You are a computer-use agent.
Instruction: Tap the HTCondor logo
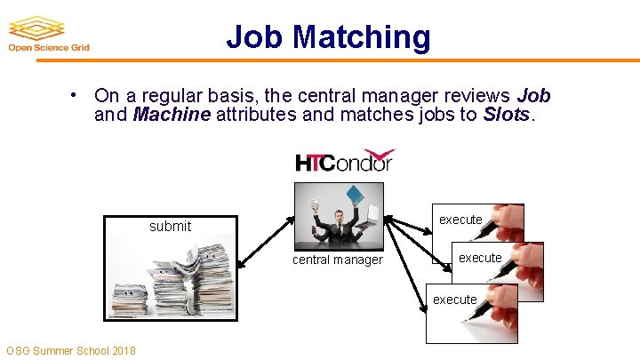point(344,161)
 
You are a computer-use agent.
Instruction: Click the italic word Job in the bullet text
point(533,95)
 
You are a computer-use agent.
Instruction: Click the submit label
point(170,226)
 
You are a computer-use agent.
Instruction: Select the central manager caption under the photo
point(338,260)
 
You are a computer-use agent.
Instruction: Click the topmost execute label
point(460,220)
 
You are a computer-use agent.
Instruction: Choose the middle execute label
point(480,258)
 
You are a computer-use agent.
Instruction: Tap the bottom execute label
point(454,300)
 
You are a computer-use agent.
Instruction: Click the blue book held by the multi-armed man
point(356,193)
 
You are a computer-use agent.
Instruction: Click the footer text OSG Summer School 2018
point(71,350)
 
